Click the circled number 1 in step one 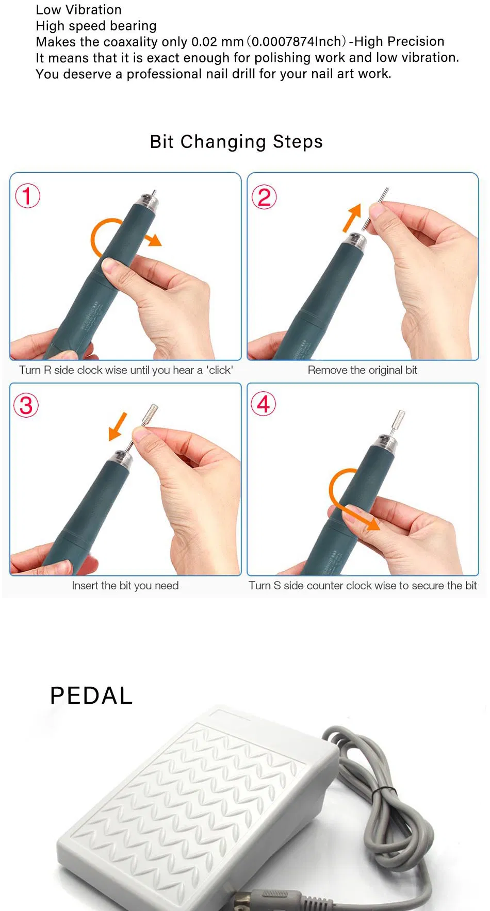(x=27, y=196)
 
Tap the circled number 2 (x=264, y=197)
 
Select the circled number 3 (x=26, y=405)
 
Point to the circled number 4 (x=264, y=404)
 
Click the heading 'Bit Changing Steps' (x=236, y=141)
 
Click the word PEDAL (x=91, y=695)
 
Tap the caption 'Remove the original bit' (x=362, y=370)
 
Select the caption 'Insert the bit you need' (x=125, y=586)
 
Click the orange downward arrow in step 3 (x=118, y=426)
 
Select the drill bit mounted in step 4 (x=398, y=424)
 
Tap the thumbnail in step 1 (x=111, y=266)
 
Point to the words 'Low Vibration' (x=78, y=10)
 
